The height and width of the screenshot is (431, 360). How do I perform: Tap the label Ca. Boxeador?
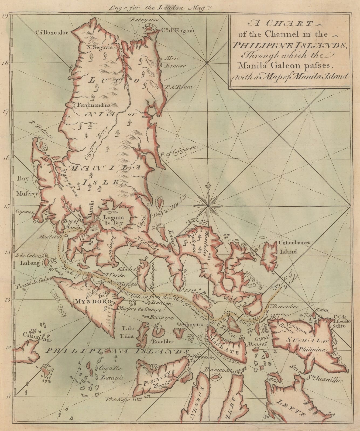(x=50, y=32)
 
